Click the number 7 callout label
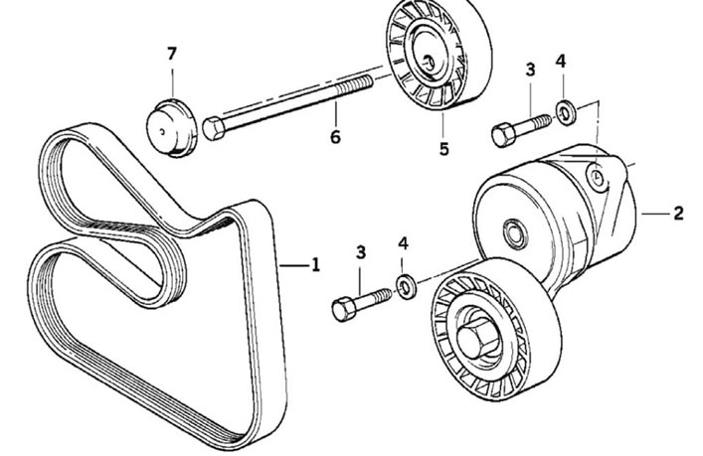pyautogui.click(x=172, y=55)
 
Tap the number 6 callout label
pyautogui.click(x=335, y=136)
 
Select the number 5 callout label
pyautogui.click(x=443, y=149)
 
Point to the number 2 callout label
pyautogui.click(x=678, y=214)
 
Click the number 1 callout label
pyautogui.click(x=316, y=264)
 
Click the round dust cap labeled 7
pyautogui.click(x=172, y=128)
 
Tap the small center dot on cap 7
pyautogui.click(x=163, y=131)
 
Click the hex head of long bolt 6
pyautogui.click(x=214, y=128)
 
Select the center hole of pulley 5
pyautogui.click(x=429, y=62)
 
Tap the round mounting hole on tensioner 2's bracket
pyautogui.click(x=597, y=177)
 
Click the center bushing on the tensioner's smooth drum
pyautogui.click(x=515, y=232)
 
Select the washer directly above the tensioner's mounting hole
pyautogui.click(x=566, y=113)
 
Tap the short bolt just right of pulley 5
pyautogui.click(x=521, y=128)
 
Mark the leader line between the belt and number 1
pyautogui.click(x=294, y=266)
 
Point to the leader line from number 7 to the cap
pyautogui.click(x=173, y=81)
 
